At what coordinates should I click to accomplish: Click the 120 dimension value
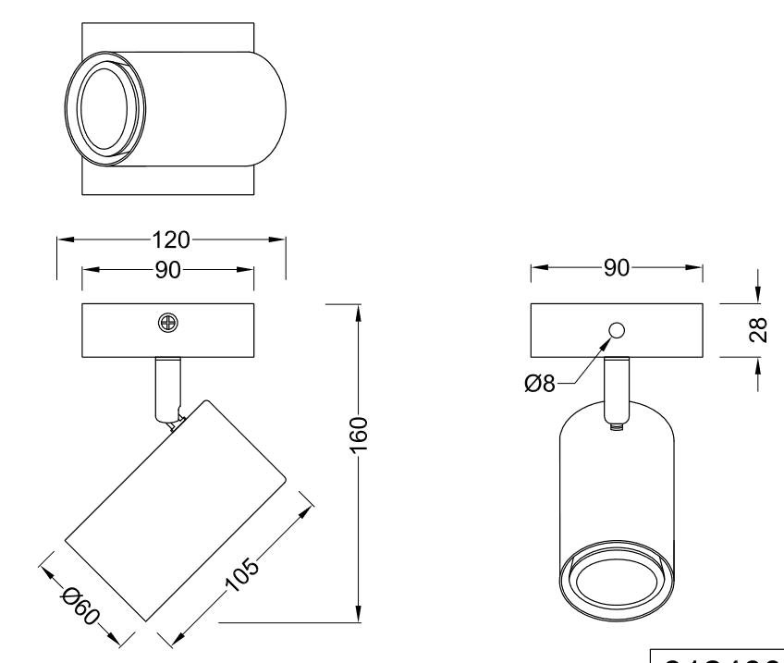[172, 240]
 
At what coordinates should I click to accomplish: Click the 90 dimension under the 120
[168, 270]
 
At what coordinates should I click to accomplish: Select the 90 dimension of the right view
[617, 268]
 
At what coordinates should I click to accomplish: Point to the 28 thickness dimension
[759, 330]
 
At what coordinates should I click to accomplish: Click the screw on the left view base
[168, 323]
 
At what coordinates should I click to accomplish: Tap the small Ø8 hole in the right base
[618, 330]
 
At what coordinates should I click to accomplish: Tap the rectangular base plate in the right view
[666, 330]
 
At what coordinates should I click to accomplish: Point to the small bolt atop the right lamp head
[618, 428]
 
